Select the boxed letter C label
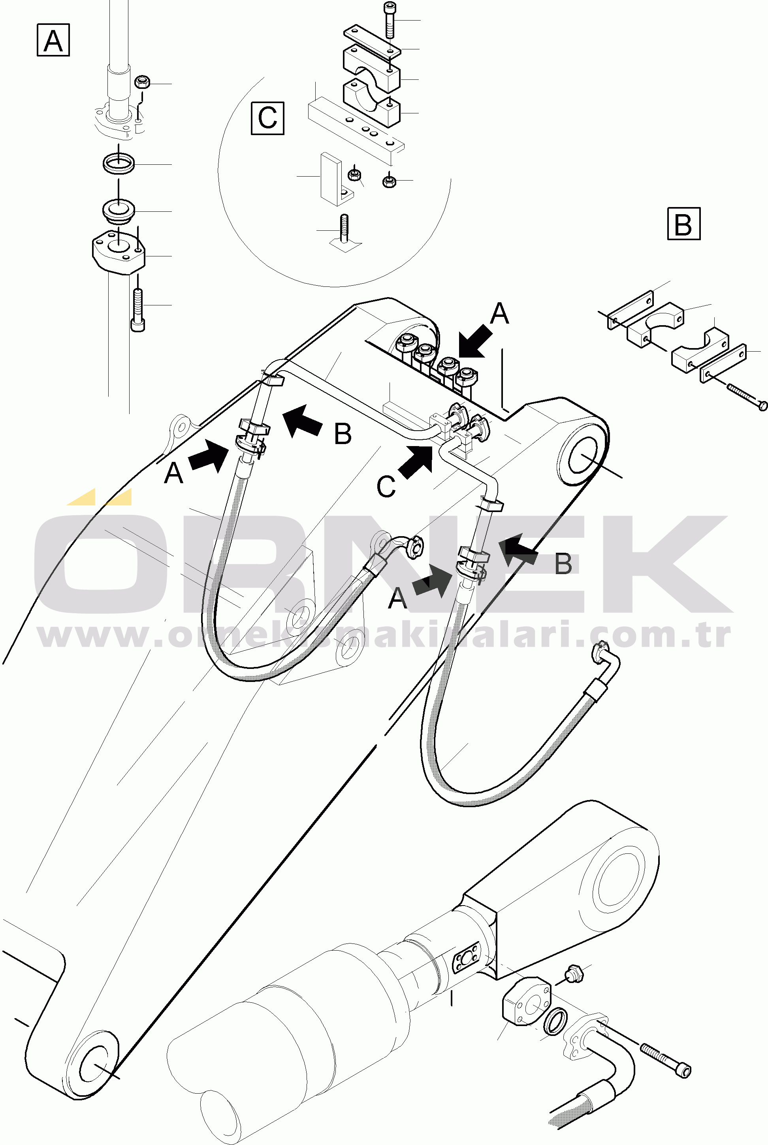[267, 118]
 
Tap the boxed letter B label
[684, 224]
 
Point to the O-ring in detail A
[119, 163]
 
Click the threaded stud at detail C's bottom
[344, 229]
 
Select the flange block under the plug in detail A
[119, 252]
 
